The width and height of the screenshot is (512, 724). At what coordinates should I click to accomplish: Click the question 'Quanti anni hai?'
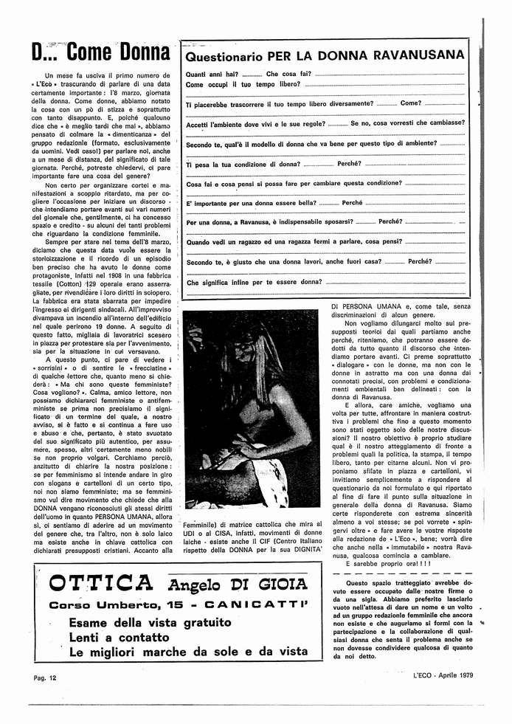click(212, 75)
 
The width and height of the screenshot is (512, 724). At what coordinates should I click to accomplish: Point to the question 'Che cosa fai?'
click(288, 75)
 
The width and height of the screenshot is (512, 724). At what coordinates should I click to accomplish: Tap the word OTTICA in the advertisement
click(101, 585)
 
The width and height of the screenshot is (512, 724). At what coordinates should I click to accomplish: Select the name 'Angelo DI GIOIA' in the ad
click(236, 585)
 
